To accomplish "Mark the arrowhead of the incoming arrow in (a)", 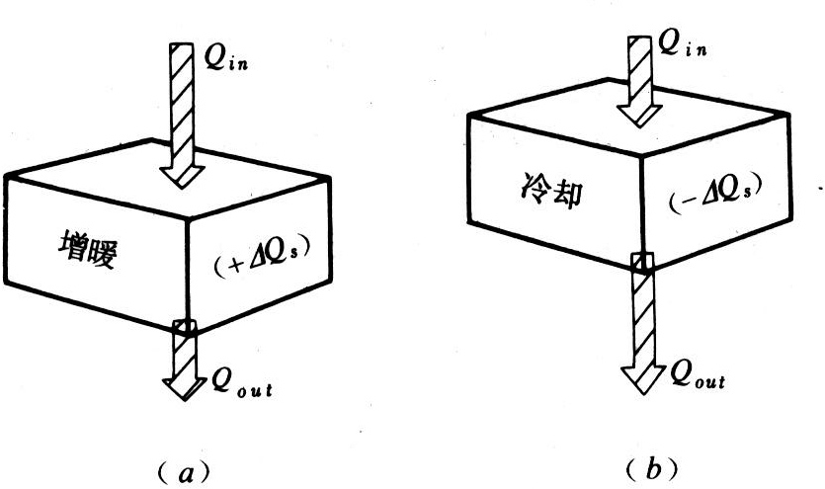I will click(183, 174).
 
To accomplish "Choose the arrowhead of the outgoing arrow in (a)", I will click(184, 384).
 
